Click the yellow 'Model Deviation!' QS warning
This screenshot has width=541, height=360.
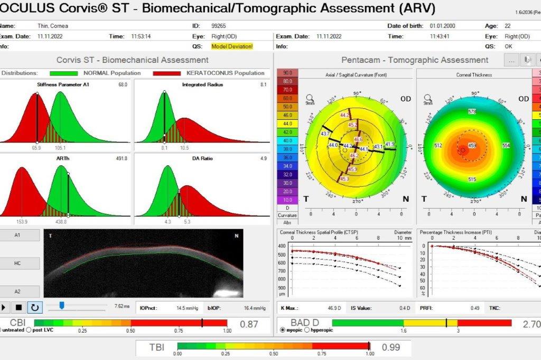pyautogui.click(x=232, y=46)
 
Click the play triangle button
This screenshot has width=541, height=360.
pyautogui.click(x=5, y=307)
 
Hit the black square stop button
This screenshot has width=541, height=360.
pyautogui.click(x=19, y=307)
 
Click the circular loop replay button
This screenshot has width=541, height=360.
pyautogui.click(x=35, y=307)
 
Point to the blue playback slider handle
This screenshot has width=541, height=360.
pyautogui.click(x=62, y=305)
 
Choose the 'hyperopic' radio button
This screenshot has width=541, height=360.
pyautogui.click(x=309, y=330)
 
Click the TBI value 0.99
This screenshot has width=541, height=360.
pyautogui.click(x=391, y=347)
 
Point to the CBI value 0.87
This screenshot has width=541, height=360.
pyautogui.click(x=249, y=324)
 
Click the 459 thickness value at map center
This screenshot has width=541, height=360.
pyautogui.click(x=472, y=146)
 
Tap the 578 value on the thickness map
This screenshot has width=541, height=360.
pyautogui.click(x=472, y=112)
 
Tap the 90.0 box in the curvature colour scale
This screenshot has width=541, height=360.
pyautogui.click(x=287, y=73)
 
